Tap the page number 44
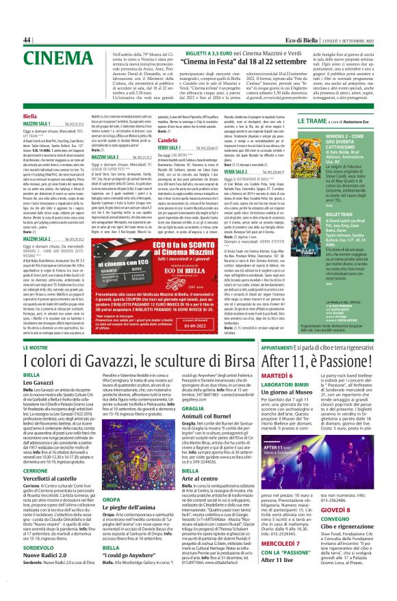click(x=28, y=40)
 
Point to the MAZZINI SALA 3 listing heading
click(x=111, y=157)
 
